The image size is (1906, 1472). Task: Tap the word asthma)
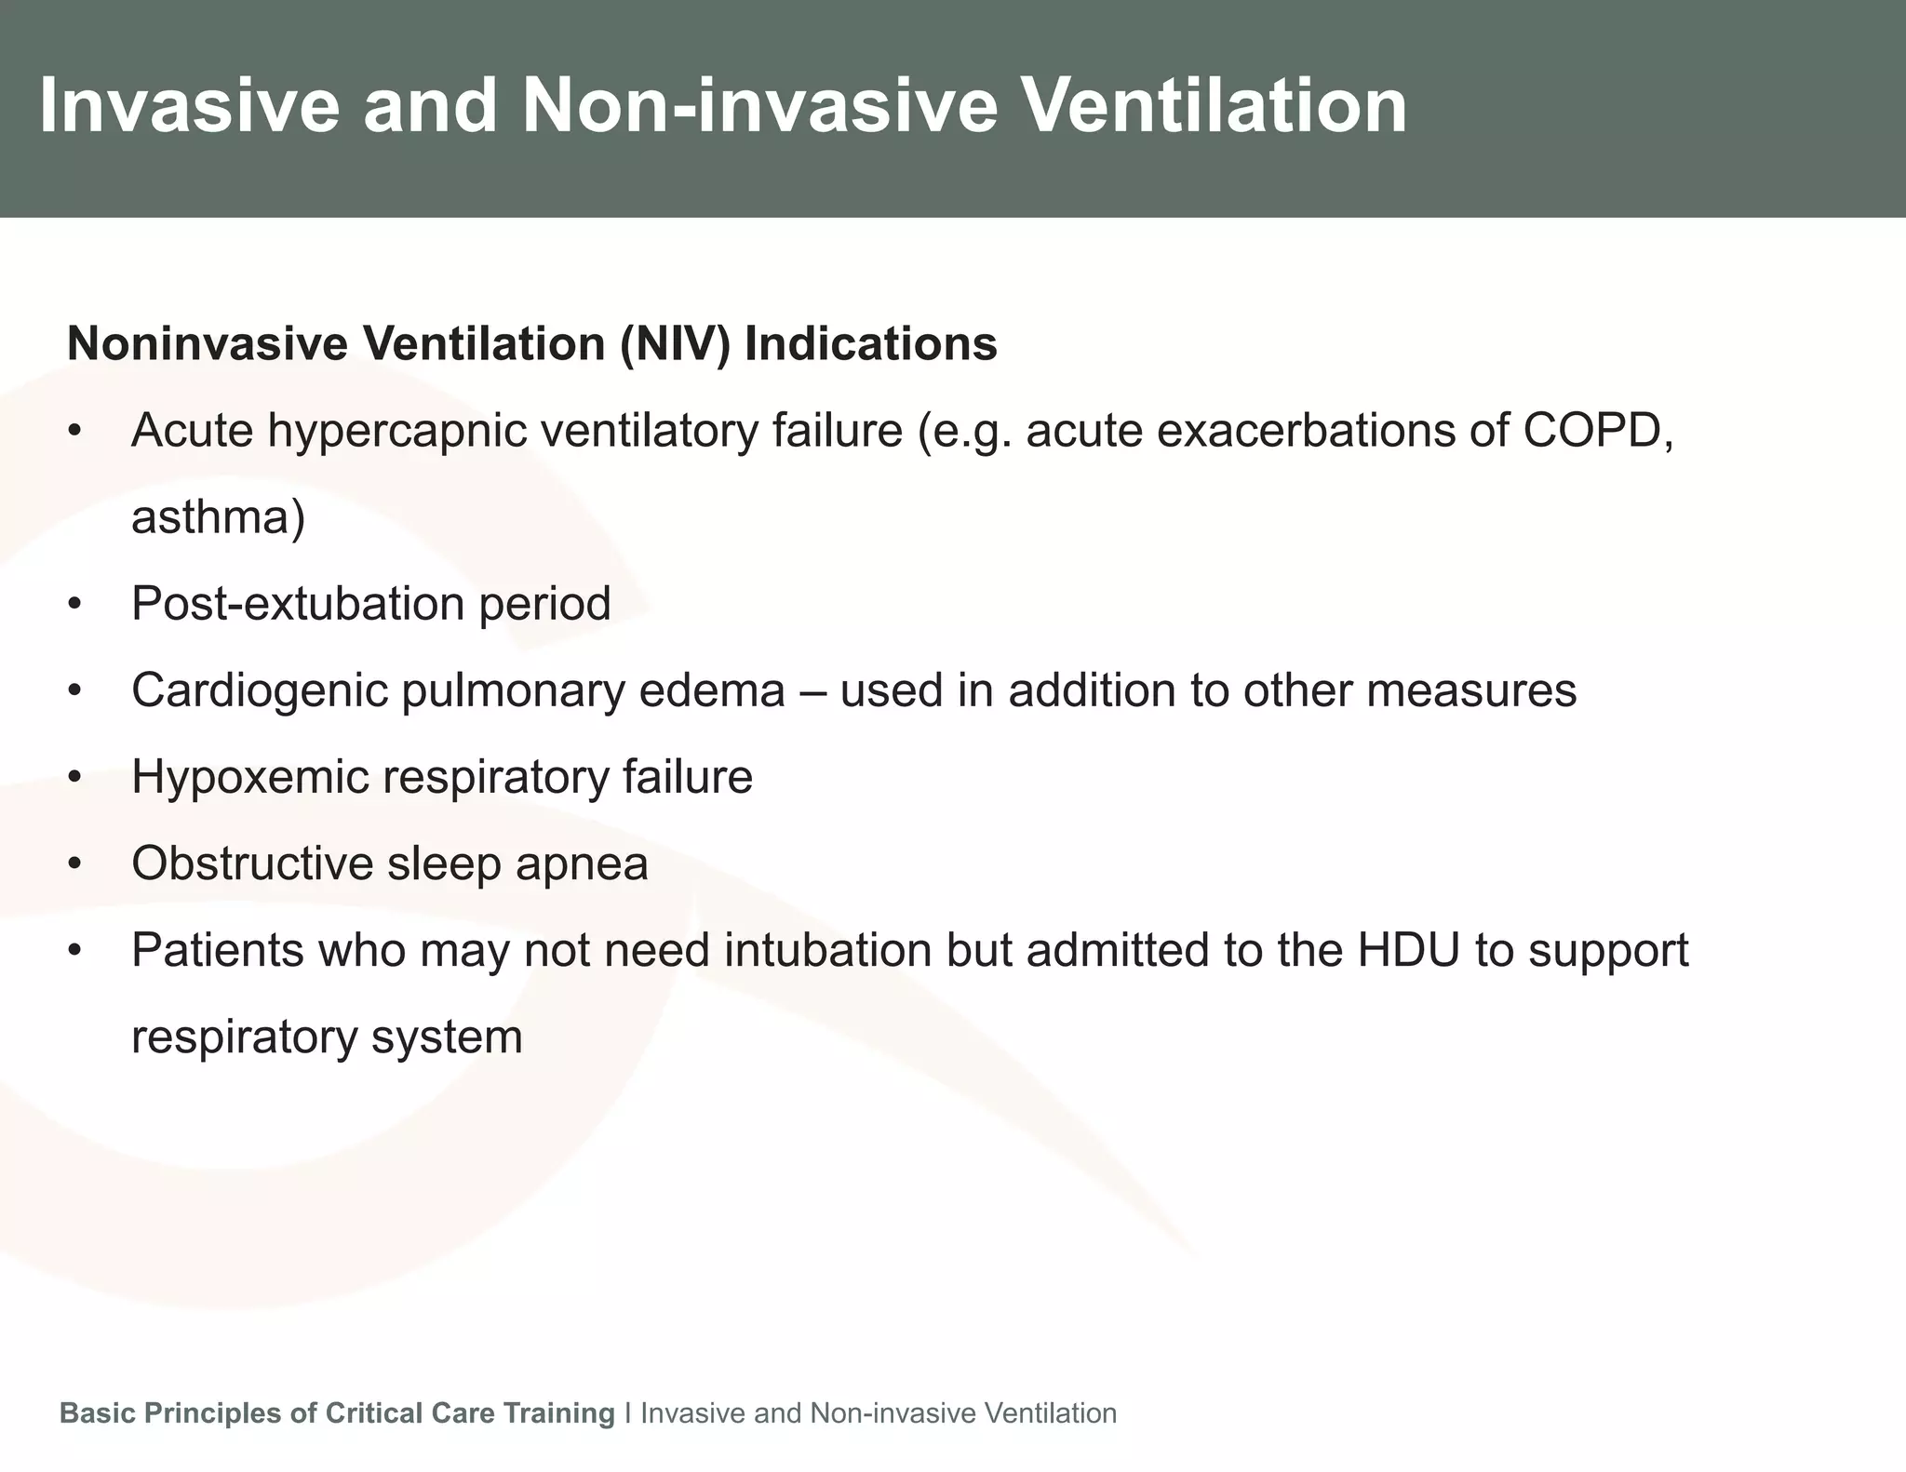tap(218, 517)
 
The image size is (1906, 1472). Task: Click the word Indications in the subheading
tap(870, 344)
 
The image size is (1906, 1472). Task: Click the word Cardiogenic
tap(259, 690)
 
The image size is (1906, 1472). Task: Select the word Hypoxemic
tap(249, 777)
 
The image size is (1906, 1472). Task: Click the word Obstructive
tap(251, 863)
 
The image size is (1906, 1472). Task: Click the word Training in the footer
tap(558, 1413)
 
